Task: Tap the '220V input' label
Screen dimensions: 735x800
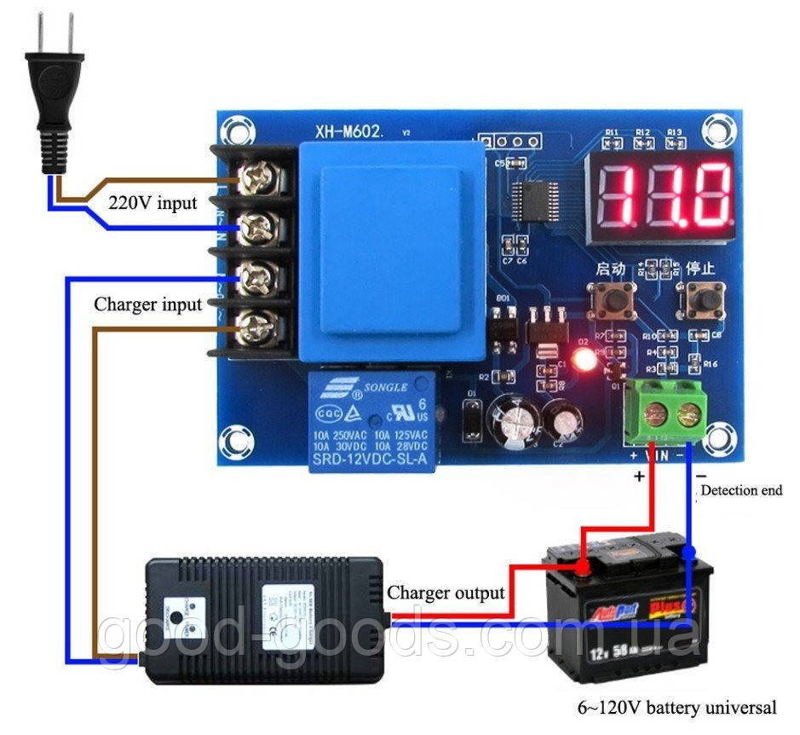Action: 153,203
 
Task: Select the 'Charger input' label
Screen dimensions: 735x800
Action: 147,304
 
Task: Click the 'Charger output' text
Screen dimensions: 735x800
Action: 446,592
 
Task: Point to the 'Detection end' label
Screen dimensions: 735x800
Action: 740,490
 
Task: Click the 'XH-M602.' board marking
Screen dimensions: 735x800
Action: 351,131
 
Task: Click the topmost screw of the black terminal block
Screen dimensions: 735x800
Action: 254,178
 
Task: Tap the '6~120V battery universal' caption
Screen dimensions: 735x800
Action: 676,707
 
